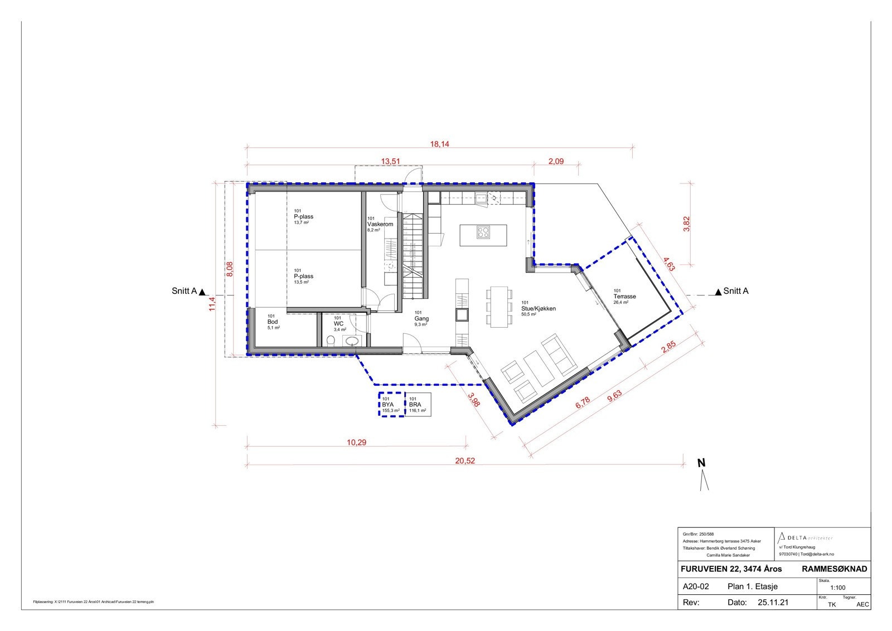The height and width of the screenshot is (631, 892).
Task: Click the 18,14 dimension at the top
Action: click(439, 144)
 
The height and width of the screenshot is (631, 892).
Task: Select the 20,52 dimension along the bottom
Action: click(465, 461)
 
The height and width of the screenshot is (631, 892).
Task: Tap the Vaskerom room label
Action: click(380, 224)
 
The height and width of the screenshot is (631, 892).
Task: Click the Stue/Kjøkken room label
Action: click(538, 308)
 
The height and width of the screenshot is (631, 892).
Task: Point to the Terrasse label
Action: click(624, 297)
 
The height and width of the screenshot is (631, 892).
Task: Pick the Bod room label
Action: click(273, 322)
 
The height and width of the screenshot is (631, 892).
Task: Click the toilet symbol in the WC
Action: click(331, 341)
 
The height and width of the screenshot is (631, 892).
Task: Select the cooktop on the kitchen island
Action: click(483, 232)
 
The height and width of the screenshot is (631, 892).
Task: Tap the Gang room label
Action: click(421, 319)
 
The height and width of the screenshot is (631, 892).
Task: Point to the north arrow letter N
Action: click(701, 463)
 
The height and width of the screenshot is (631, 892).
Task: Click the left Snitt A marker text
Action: click(185, 291)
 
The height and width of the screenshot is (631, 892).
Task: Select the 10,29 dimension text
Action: click(357, 443)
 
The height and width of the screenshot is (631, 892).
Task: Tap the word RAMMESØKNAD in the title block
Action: click(834, 569)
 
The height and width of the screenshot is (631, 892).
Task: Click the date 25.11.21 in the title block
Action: click(773, 603)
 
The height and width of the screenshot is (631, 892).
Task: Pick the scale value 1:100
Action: click(837, 588)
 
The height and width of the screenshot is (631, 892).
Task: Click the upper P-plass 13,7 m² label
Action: click(303, 217)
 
